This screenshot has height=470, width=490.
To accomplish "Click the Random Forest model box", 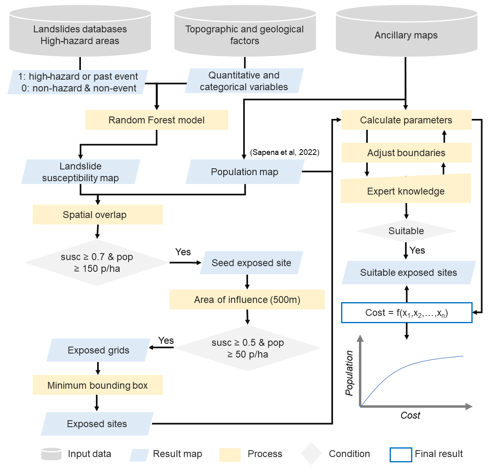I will click(x=157, y=120).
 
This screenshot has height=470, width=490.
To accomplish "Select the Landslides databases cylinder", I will click(x=80, y=35).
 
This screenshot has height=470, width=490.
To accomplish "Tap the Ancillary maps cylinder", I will click(x=406, y=35).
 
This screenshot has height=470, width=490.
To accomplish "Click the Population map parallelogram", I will click(x=244, y=172).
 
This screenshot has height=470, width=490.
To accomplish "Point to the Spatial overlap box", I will click(x=98, y=215).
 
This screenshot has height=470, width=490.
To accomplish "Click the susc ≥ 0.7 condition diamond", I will click(x=97, y=263).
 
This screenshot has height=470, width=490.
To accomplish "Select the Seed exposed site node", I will click(x=251, y=263).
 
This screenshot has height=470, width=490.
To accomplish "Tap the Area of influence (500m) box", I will click(x=247, y=300).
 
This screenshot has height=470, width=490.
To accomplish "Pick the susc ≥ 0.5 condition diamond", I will click(x=248, y=348).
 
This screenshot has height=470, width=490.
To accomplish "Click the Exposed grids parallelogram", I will click(x=98, y=350).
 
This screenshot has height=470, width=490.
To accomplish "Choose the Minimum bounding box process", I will click(x=98, y=385).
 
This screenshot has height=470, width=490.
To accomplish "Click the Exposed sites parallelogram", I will click(x=97, y=424).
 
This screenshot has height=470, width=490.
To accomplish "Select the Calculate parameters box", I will click(x=406, y=120).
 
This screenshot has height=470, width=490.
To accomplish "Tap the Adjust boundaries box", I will click(x=406, y=153).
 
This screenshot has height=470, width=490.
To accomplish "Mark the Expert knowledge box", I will click(x=406, y=191).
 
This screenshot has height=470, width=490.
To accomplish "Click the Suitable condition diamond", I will click(x=406, y=231).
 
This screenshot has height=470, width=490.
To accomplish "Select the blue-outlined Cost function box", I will click(x=407, y=313).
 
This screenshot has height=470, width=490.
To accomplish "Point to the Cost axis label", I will click(x=410, y=415).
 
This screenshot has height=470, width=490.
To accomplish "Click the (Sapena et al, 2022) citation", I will click(x=285, y=152).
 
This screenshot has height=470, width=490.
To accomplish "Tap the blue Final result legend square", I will click(x=401, y=454).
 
